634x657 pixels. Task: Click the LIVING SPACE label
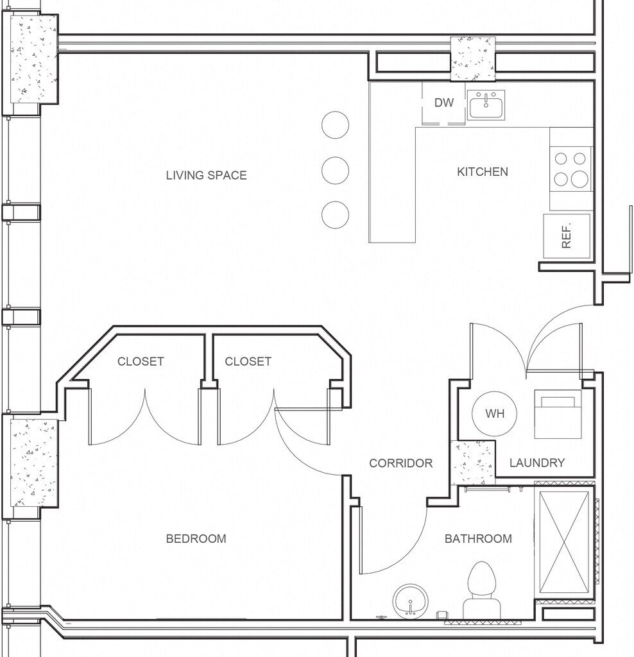click(x=206, y=175)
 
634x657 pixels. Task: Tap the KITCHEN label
click(x=483, y=172)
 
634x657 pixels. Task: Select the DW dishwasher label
click(x=444, y=103)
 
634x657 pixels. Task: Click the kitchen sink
click(x=486, y=105)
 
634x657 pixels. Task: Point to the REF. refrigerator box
click(x=567, y=236)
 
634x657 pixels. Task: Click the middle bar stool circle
click(x=335, y=171)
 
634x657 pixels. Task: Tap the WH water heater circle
click(x=495, y=414)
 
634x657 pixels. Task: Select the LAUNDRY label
click(x=537, y=463)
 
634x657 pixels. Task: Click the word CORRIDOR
click(x=400, y=463)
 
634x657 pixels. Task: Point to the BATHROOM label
click(x=478, y=538)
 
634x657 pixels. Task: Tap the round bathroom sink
click(x=411, y=601)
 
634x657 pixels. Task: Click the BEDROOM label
click(x=196, y=538)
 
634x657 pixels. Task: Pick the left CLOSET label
click(x=141, y=361)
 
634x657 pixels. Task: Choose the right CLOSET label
click(x=248, y=361)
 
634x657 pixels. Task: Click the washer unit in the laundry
click(x=558, y=414)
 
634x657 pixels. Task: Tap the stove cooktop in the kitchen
click(x=570, y=169)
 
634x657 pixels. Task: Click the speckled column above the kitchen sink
click(x=473, y=58)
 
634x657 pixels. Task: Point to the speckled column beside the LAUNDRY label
click(x=473, y=463)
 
